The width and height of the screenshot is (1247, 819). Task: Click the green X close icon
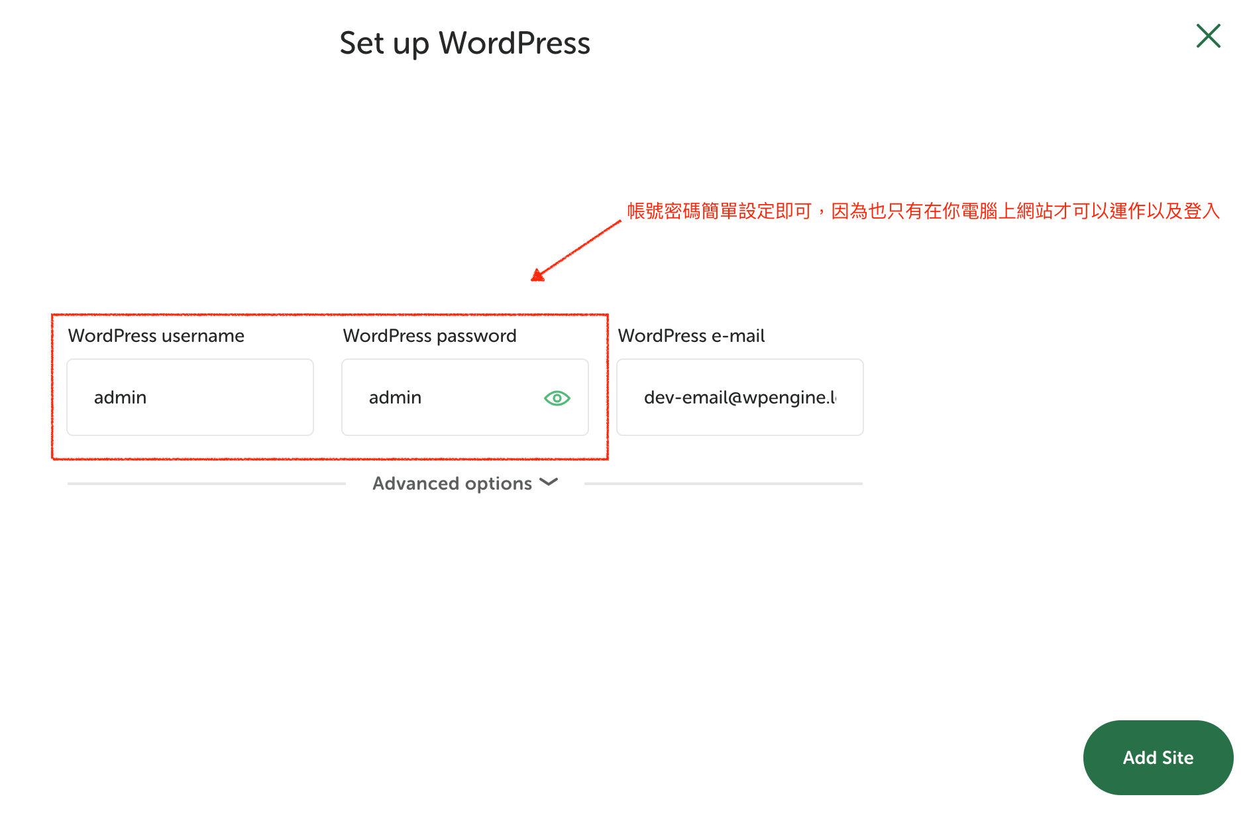tap(1208, 36)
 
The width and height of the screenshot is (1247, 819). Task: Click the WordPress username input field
tap(190, 397)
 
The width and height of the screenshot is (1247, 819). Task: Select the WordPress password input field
tap(464, 397)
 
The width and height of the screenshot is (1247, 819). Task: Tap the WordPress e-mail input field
tap(739, 397)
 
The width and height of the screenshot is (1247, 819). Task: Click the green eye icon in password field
tap(557, 398)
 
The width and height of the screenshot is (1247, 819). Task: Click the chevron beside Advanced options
tap(549, 482)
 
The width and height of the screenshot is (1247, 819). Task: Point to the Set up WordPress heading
tap(464, 43)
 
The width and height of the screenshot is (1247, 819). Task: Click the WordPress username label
tap(156, 336)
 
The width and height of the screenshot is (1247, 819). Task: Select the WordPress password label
tap(429, 336)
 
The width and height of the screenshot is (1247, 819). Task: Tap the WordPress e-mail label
tap(691, 336)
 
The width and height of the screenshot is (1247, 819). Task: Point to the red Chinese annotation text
tap(923, 211)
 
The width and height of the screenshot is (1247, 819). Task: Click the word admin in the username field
tap(120, 398)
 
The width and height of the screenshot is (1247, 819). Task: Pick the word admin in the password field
tap(395, 398)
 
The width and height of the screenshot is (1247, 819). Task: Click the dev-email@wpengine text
tap(739, 398)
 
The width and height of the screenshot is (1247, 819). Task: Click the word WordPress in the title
tap(514, 43)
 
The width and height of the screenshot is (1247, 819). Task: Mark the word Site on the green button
tap(1177, 757)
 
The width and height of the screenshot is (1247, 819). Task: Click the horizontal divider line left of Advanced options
tap(206, 484)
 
